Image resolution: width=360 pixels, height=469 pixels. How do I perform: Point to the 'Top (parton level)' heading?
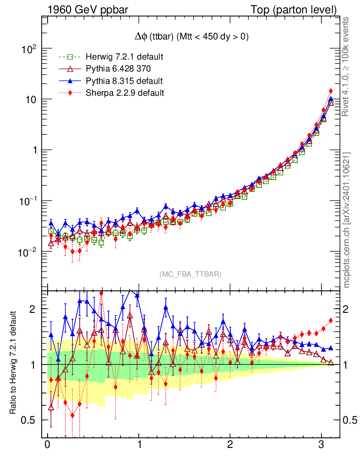click(x=300, y=9)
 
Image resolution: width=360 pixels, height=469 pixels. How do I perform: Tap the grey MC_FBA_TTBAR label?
click(x=191, y=274)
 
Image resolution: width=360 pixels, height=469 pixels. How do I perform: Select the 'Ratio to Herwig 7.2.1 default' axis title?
click(x=13, y=363)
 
